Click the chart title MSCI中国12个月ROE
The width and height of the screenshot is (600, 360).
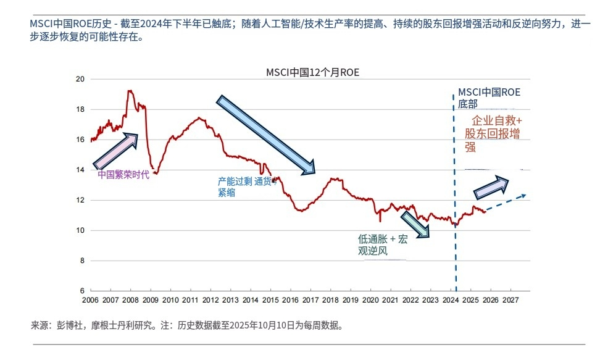312,72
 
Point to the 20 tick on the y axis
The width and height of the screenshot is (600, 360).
80,79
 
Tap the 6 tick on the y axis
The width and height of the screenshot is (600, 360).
81,291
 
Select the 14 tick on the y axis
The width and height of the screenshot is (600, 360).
80,170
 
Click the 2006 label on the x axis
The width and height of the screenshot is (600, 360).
90,300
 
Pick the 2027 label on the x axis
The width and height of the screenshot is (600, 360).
510,300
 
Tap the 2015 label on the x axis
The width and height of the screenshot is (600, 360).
270,300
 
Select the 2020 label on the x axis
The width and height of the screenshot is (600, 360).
370,300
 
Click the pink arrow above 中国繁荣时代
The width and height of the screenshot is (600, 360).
115,149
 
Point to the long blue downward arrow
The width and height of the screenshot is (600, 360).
266,134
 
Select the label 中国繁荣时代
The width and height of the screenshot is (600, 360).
123,175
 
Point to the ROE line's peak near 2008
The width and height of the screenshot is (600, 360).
129,91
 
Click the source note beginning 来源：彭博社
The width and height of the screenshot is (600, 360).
186,325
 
